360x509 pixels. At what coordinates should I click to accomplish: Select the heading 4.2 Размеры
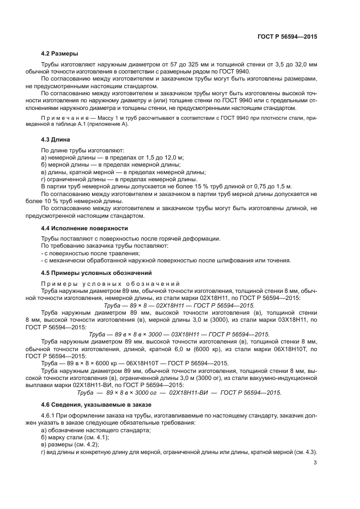[59, 53]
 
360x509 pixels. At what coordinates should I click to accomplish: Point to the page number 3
[315, 463]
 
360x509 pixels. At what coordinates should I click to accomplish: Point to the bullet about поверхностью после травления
[87, 253]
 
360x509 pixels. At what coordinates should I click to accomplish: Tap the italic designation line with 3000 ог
[179, 393]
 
